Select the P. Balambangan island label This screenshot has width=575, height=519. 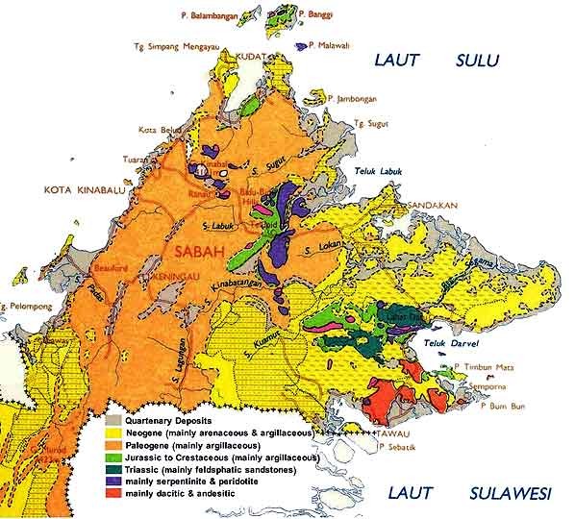point(213,15)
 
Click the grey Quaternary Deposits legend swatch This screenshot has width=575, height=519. point(113,421)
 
